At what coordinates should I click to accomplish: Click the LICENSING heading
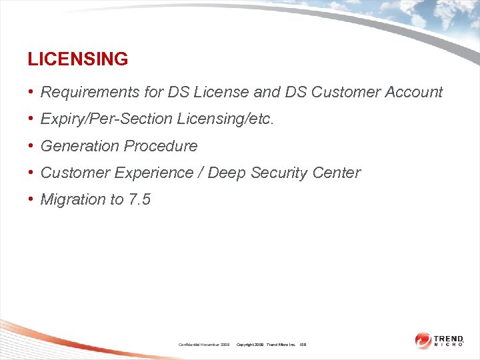point(77,59)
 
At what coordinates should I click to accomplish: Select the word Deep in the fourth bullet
point(224,173)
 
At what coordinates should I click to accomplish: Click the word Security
point(277,173)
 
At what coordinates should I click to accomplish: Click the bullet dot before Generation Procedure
point(31,146)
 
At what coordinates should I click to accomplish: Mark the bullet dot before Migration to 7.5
point(31,199)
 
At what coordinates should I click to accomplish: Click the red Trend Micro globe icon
point(423,341)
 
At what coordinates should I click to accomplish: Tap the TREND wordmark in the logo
point(449,338)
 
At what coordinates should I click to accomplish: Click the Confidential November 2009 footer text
point(204,345)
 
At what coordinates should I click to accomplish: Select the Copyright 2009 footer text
point(251,345)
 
